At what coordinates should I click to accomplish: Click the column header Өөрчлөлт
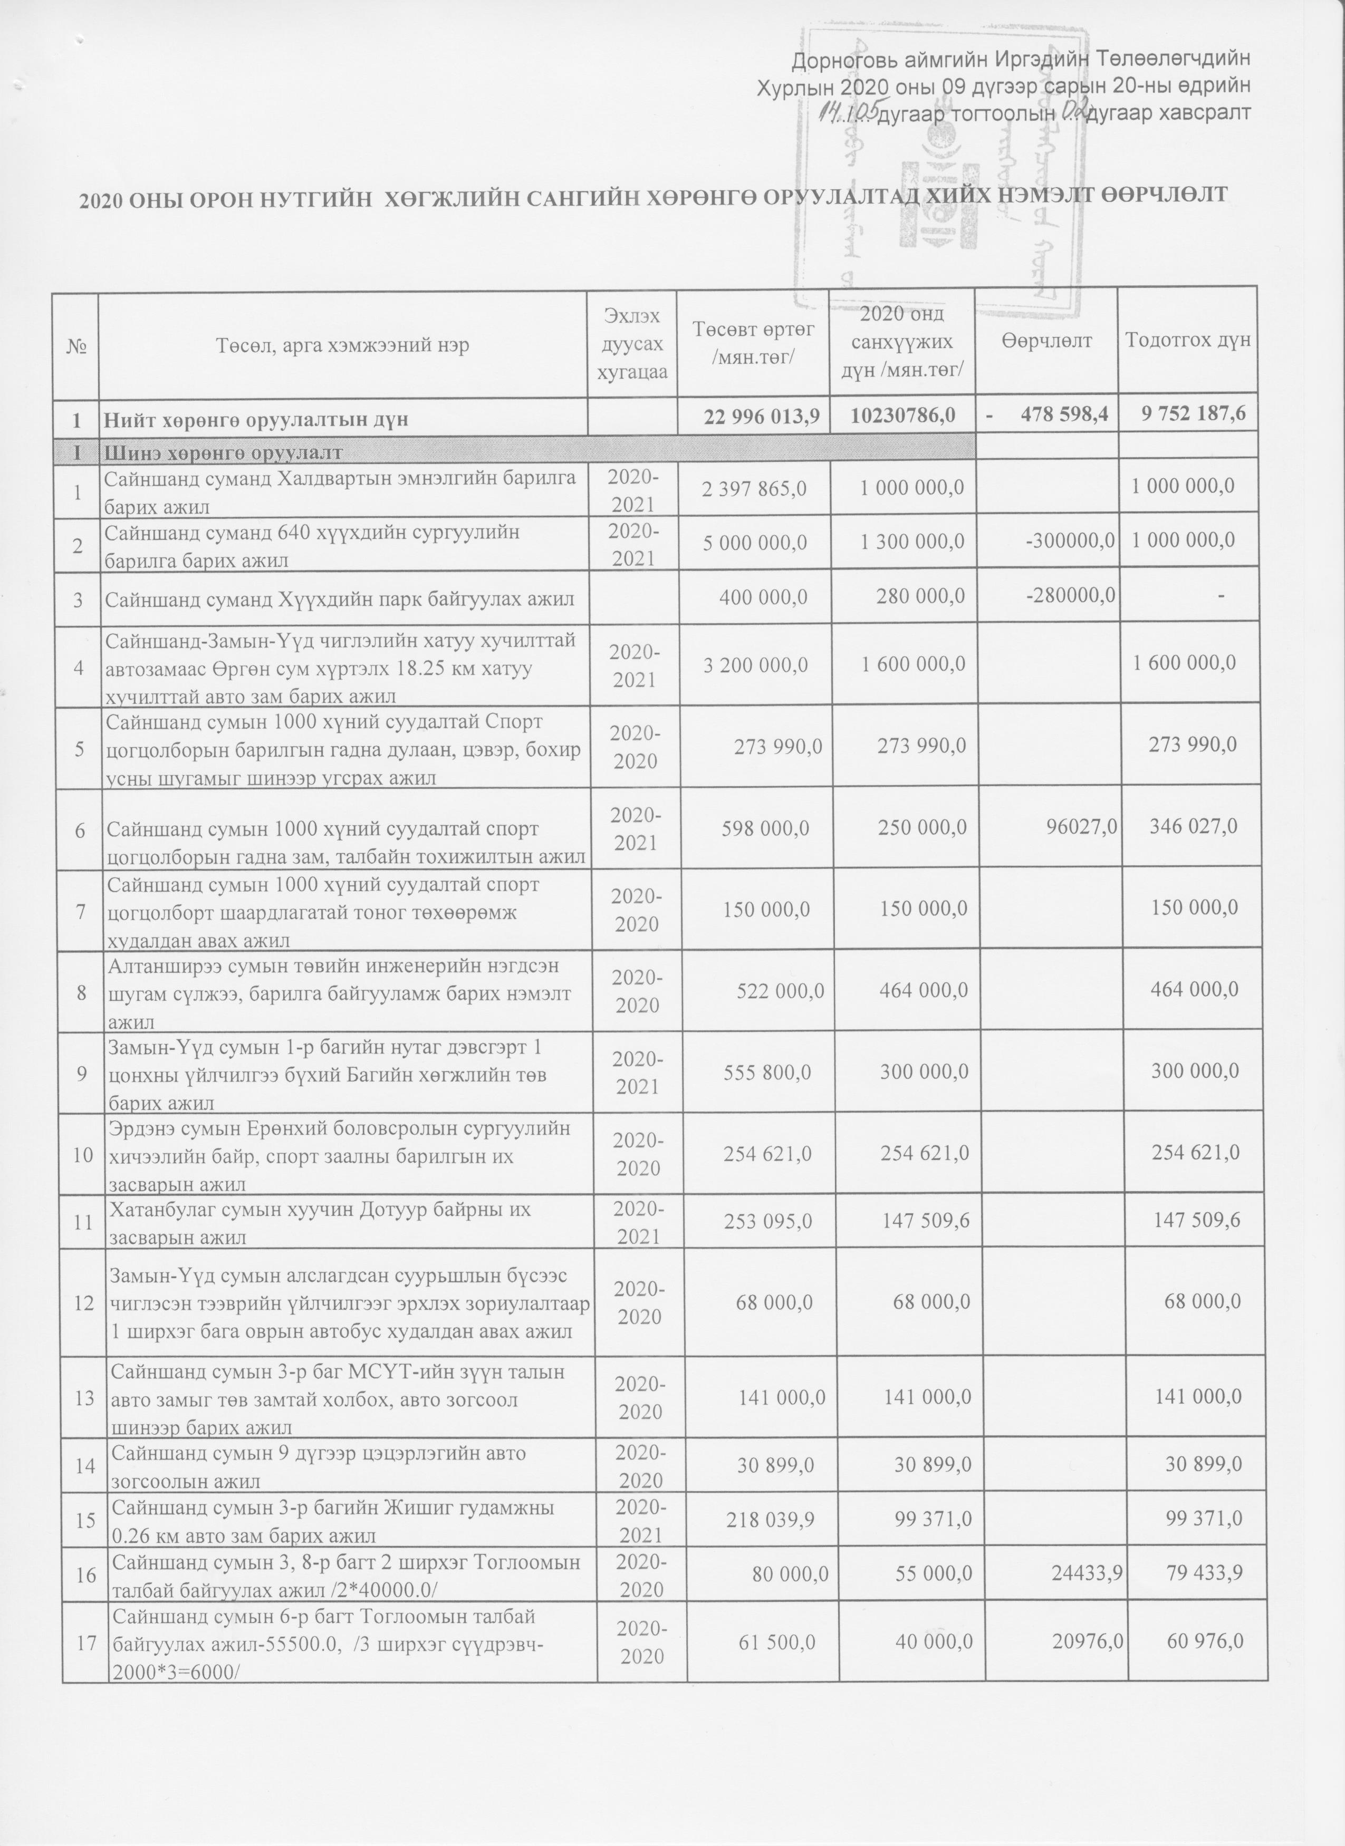(1046, 343)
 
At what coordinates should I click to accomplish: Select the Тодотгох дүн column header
(1187, 341)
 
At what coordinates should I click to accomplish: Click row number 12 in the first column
(84, 1303)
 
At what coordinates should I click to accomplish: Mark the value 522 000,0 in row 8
(768, 990)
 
